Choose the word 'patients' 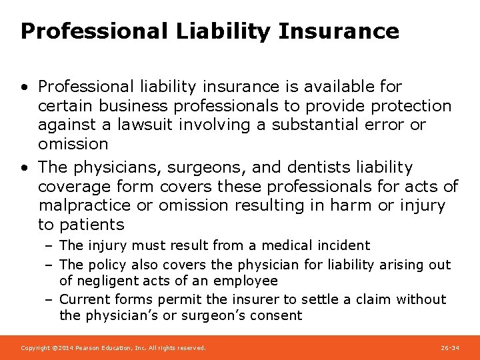coord(92,225)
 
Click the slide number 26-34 coord(450,348)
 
